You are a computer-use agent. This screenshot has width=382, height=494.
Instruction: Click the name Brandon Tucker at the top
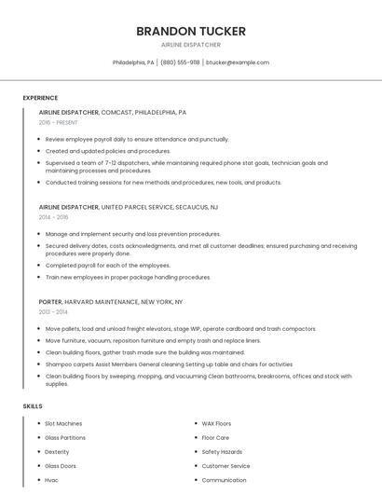click(191, 31)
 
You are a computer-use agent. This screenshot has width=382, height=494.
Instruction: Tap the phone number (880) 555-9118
click(180, 62)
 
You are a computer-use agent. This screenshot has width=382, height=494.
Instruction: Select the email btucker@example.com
click(238, 62)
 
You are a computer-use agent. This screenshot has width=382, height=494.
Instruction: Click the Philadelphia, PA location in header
click(133, 62)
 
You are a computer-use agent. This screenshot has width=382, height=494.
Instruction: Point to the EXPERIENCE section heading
click(40, 98)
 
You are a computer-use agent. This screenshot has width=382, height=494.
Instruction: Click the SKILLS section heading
click(32, 406)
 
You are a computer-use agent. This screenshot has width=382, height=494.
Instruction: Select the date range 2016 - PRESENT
click(58, 123)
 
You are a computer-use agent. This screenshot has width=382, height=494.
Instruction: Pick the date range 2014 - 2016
click(53, 217)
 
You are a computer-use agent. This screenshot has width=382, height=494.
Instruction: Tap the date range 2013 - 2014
click(53, 312)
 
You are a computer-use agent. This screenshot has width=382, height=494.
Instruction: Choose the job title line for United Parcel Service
click(129, 207)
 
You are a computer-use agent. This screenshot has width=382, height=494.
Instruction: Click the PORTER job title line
click(111, 302)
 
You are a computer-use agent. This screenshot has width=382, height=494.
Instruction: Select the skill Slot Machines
click(63, 423)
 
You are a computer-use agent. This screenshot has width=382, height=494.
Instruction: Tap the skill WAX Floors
click(216, 423)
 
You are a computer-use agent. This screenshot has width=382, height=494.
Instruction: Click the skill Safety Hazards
click(222, 452)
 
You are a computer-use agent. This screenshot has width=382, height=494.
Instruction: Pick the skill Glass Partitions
click(65, 437)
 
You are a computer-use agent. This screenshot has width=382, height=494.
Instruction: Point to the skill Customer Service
click(225, 466)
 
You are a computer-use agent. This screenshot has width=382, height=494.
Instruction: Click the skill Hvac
click(53, 480)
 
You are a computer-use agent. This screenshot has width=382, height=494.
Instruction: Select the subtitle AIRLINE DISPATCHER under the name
click(191, 44)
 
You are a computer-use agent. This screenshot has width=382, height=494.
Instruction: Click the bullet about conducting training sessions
click(163, 183)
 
